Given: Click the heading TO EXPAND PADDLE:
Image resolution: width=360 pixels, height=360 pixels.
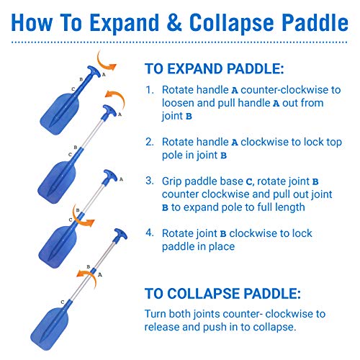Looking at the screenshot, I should pyautogui.click(x=214, y=70).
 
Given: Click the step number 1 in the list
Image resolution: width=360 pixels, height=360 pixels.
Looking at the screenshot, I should pyautogui.click(x=149, y=91).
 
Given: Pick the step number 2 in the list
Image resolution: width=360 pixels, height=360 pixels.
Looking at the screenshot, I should pyautogui.click(x=149, y=142).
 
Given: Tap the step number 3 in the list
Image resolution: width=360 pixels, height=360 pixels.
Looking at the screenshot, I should pyautogui.click(x=149, y=181).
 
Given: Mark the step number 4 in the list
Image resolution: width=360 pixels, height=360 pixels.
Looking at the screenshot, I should pyautogui.click(x=149, y=232).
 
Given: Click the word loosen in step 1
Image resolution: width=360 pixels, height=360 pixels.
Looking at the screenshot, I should pyautogui.click(x=180, y=104).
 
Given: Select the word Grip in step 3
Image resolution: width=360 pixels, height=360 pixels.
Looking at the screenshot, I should pyautogui.click(x=174, y=181).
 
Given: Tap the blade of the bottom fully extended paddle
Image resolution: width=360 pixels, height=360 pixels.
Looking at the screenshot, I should pyautogui.click(x=60, y=320).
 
